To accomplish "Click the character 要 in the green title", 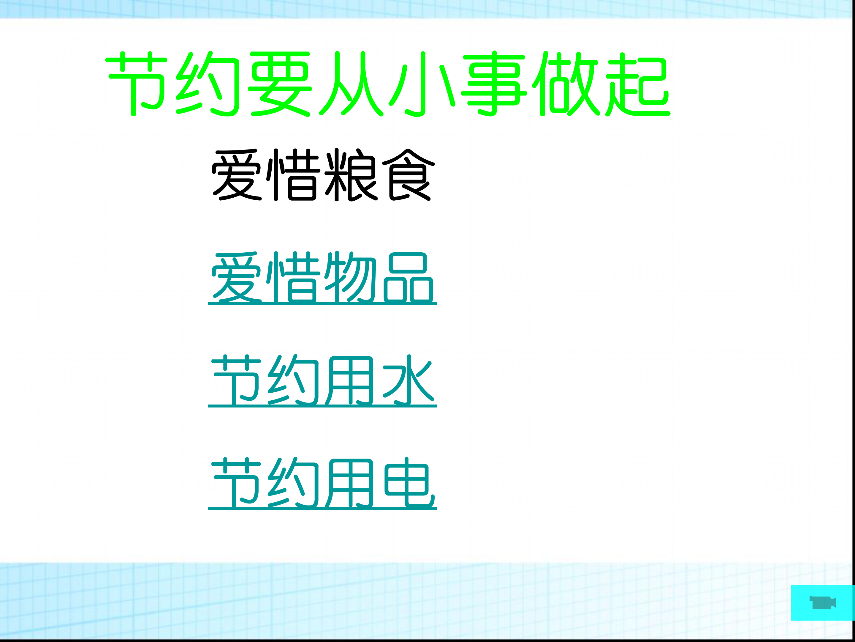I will (280, 84).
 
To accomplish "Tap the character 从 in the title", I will (351, 84).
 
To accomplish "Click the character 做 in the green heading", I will (565, 84).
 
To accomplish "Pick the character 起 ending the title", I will (637, 84).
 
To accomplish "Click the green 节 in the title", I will (137, 84).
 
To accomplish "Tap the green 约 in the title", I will (208, 84).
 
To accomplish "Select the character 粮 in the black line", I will (350, 175).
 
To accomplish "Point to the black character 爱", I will (237, 175).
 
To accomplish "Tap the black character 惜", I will (293, 175).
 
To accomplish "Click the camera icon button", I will (823, 602).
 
